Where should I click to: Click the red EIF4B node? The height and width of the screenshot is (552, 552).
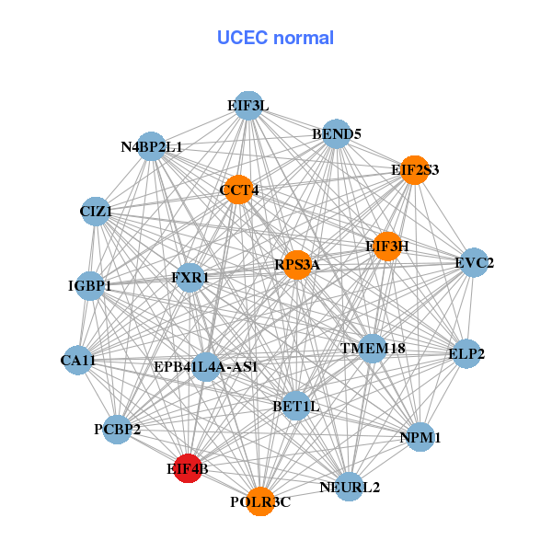tap(188, 468)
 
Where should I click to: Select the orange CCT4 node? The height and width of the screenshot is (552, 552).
tap(238, 190)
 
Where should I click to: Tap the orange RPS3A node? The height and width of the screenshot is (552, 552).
tap(296, 265)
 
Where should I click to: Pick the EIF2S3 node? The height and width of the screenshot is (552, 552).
tap(415, 170)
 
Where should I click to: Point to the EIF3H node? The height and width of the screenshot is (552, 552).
tap(387, 246)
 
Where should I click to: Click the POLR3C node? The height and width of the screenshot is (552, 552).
tap(260, 501)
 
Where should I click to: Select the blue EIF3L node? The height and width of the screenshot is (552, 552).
tap(247, 106)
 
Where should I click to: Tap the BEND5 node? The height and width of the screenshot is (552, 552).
tap(337, 134)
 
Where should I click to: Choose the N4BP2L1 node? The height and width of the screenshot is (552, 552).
tap(152, 147)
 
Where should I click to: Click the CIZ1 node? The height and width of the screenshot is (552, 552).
tap(96, 212)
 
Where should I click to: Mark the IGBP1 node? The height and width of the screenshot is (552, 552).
tap(90, 286)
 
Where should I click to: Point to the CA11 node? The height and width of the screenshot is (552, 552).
tap(78, 360)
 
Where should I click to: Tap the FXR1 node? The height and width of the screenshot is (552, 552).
tap(190, 277)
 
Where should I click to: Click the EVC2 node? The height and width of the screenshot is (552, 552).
tap(474, 263)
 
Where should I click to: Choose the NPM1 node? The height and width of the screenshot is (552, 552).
tap(420, 438)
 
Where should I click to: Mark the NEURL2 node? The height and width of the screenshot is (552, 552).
tap(349, 487)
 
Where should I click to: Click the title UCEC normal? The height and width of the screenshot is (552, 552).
tap(275, 38)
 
